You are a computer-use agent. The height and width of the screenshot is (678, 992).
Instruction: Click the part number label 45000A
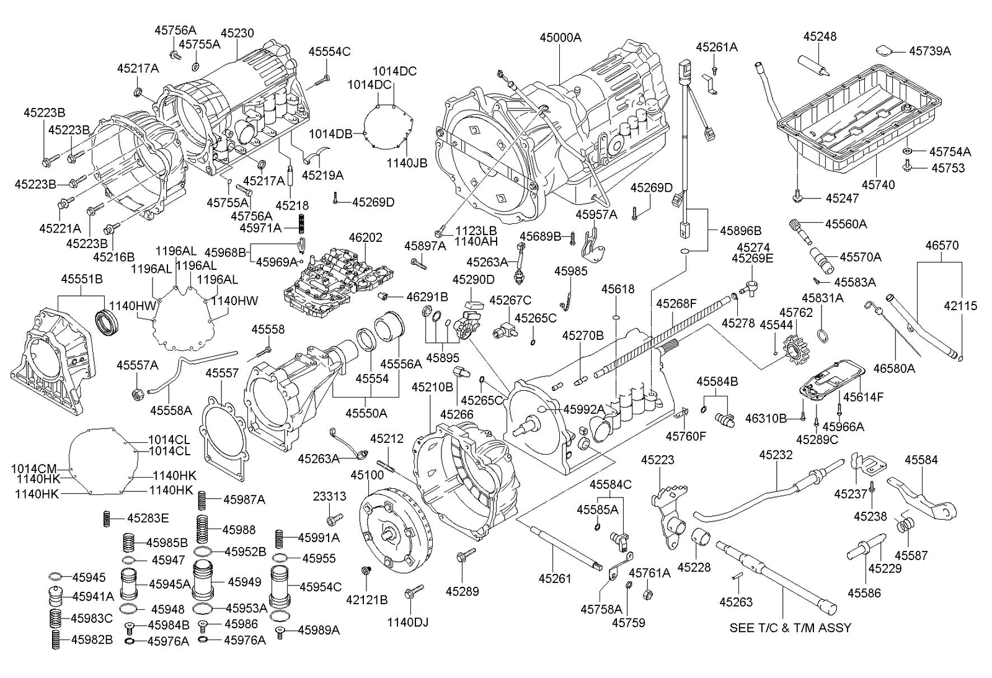pos(560,38)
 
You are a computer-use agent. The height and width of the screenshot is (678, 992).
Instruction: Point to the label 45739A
pos(930,51)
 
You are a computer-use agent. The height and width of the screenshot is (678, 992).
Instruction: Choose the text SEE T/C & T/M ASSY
pos(790,628)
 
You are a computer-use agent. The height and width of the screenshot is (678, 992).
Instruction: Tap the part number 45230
pos(237,33)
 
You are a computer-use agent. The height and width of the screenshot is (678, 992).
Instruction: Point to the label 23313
pos(329,496)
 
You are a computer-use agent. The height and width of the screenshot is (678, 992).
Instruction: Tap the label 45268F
pos(676,303)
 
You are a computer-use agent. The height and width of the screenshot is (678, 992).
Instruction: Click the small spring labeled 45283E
pos(106,519)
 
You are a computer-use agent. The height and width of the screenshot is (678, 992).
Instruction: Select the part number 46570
pos(942,245)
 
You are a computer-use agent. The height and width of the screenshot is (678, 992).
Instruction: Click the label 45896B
pos(740,230)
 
